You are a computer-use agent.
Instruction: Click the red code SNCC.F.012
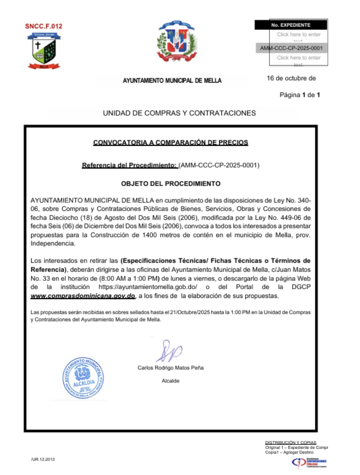tap(43, 26)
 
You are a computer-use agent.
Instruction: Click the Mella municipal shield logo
tap(44, 50)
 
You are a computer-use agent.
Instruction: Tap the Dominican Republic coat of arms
tap(177, 41)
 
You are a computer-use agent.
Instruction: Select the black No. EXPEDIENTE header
tap(291, 25)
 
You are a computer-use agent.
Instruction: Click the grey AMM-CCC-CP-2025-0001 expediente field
tap(291, 48)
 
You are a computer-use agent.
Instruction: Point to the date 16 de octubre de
tap(291, 78)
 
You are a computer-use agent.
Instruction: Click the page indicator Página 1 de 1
tap(299, 95)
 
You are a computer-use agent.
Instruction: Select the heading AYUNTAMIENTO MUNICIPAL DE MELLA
tap(172, 81)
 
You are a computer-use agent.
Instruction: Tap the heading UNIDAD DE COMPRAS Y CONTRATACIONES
tap(179, 113)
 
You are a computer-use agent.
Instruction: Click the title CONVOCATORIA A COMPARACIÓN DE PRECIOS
tap(170, 143)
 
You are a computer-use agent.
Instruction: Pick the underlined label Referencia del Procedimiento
tap(129, 165)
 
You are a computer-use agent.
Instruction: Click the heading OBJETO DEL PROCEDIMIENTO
tap(170, 184)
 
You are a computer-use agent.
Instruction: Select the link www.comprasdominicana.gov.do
tap(83, 296)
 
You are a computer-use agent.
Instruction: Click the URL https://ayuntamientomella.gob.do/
tap(148, 287)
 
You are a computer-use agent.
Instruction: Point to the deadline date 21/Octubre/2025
tap(190, 312)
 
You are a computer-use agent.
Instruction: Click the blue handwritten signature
tap(169, 351)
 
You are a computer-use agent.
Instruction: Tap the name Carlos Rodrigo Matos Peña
tap(170, 368)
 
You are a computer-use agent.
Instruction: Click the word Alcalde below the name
tap(170, 381)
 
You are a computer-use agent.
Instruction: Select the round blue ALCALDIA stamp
tap(83, 378)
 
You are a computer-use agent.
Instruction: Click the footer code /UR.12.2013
tap(43, 459)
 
